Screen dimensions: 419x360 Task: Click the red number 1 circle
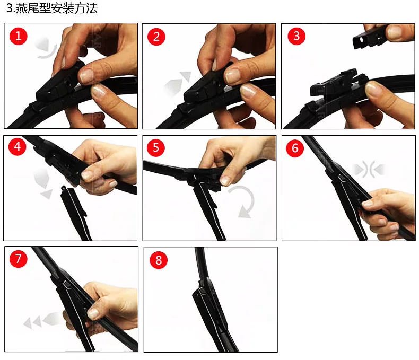19,36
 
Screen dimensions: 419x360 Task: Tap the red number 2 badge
156,37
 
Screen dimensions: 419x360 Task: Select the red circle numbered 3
296,36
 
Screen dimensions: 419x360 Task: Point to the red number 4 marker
18,146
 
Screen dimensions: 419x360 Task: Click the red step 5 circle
156,147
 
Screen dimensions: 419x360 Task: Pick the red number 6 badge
295,148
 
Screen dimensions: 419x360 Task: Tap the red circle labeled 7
18,259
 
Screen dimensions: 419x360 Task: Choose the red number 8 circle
159,260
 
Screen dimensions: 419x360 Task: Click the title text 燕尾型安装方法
57,8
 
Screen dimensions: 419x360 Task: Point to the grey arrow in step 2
178,82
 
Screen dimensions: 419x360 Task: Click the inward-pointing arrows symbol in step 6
369,169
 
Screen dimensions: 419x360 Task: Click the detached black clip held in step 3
370,38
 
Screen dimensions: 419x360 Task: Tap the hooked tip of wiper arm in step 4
64,188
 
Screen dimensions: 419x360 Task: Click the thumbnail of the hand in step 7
93,313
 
